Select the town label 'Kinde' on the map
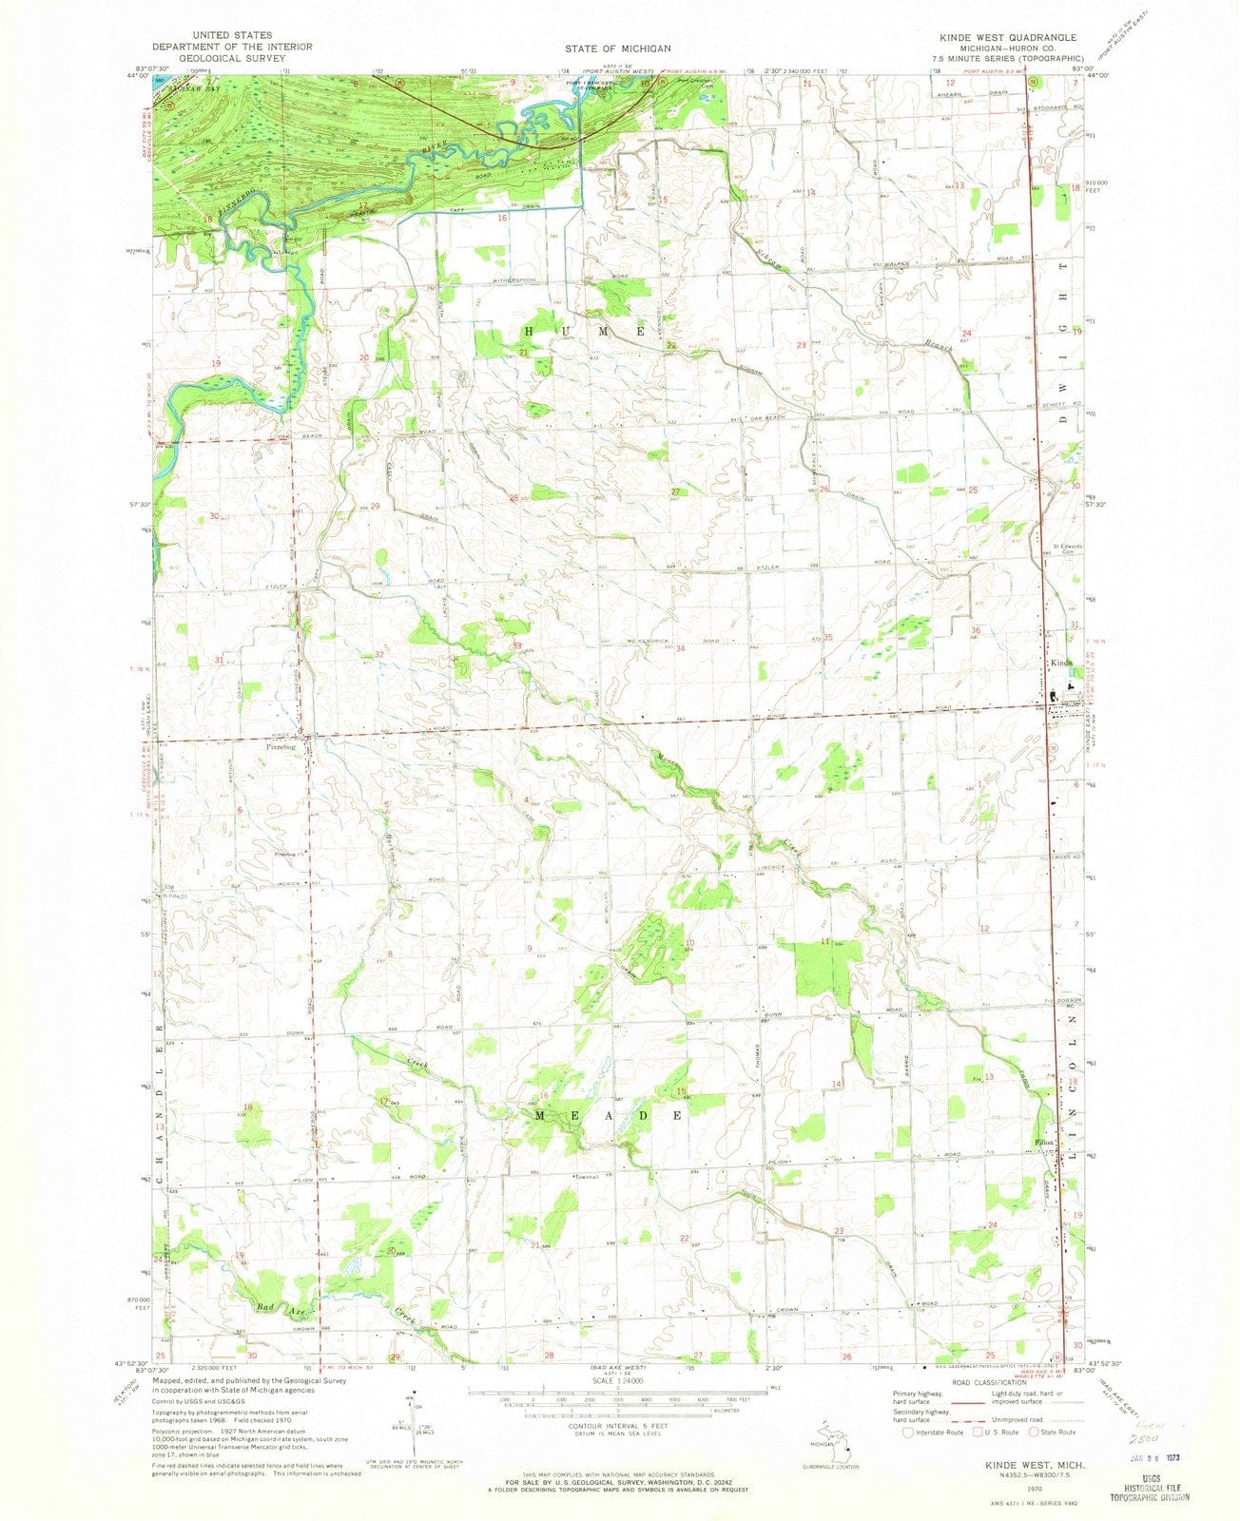pyautogui.click(x=1062, y=663)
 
